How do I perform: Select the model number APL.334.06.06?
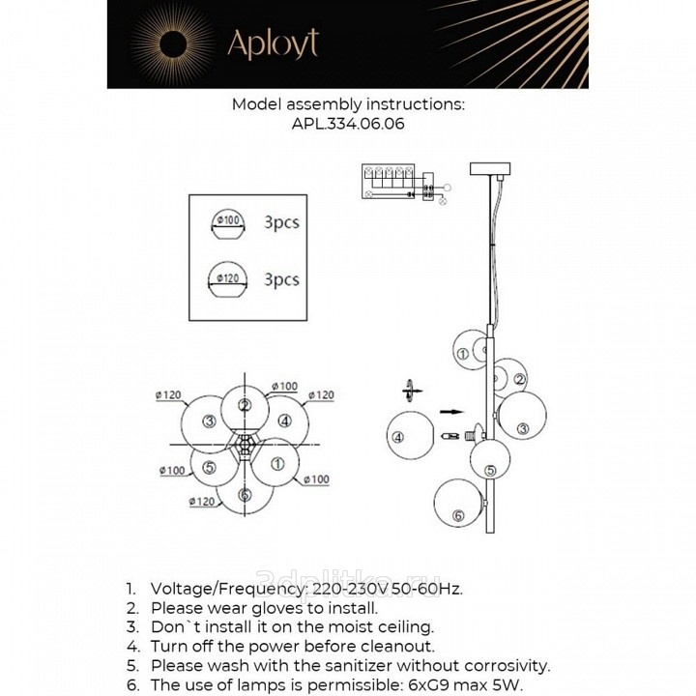[348, 124]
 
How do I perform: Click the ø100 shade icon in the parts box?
[228, 224]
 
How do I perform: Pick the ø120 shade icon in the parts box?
[228, 281]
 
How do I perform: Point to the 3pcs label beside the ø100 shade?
[281, 222]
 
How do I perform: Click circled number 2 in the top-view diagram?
[246, 406]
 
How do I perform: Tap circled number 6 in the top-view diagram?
[245, 495]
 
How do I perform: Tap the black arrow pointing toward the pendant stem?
[450, 411]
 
